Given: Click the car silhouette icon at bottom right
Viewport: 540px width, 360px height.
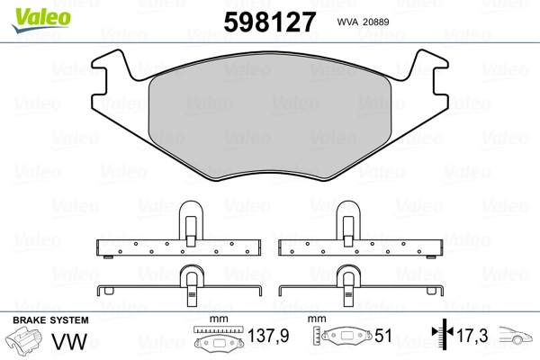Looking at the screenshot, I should tap(517, 338).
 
